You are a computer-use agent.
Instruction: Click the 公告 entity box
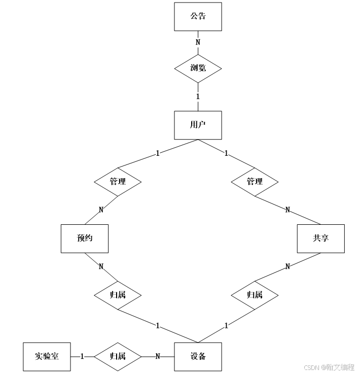click(x=198, y=16)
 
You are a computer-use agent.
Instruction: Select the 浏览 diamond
click(x=198, y=67)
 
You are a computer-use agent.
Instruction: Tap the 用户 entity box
click(x=198, y=125)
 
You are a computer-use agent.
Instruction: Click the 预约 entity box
click(x=84, y=238)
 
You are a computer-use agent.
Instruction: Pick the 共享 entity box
click(x=321, y=238)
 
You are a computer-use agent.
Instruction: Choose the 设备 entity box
click(x=198, y=356)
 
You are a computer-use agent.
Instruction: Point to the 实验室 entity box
click(x=47, y=356)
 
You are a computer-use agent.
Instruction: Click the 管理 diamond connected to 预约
click(x=118, y=181)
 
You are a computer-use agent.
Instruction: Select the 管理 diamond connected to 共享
click(x=255, y=181)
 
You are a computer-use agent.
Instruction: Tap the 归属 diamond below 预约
click(x=118, y=295)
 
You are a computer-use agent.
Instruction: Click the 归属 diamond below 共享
click(x=255, y=295)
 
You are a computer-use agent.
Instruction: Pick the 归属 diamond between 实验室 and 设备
click(x=118, y=356)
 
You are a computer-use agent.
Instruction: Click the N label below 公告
click(x=198, y=42)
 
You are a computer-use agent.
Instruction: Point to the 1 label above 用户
click(x=198, y=96)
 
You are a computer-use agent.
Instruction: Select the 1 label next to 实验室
click(x=82, y=356)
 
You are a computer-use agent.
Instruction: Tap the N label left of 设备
click(x=158, y=356)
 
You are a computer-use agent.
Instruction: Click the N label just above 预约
click(x=101, y=210)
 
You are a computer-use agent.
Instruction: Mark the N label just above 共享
click(x=287, y=210)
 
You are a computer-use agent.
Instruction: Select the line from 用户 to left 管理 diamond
click(x=152, y=154)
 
